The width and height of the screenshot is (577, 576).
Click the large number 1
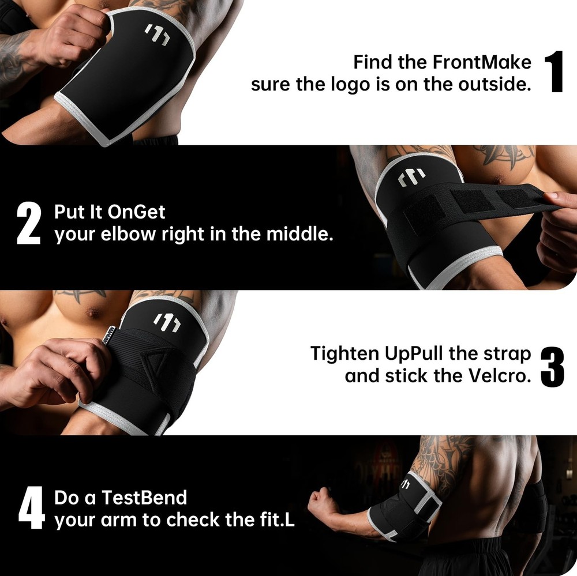click(554, 72)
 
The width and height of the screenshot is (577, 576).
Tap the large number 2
click(28, 224)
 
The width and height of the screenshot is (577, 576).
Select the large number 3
click(552, 365)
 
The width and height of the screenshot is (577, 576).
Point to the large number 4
click(31, 509)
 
